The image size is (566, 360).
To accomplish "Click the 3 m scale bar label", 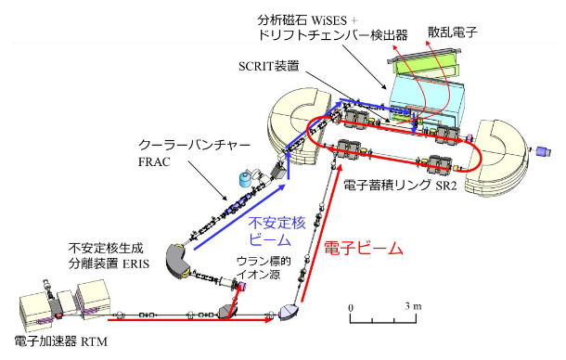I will [414, 306].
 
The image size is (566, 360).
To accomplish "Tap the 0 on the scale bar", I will [351, 306].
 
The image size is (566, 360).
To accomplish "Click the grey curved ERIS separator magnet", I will [178, 261].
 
